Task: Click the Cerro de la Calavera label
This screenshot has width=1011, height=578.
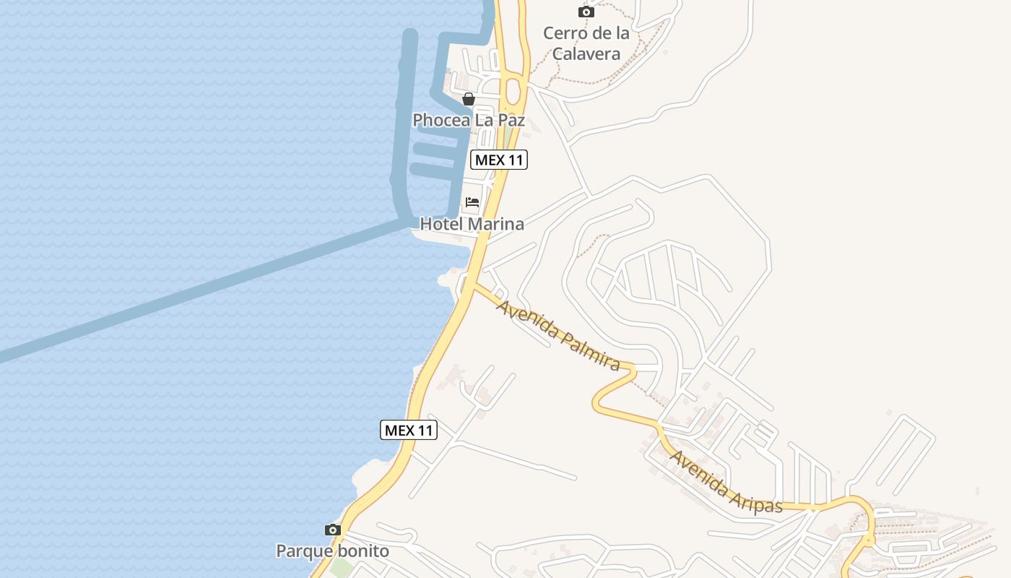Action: click(x=586, y=43)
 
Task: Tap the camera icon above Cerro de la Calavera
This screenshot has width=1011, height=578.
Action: click(x=586, y=12)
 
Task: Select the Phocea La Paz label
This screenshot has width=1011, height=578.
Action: click(x=469, y=120)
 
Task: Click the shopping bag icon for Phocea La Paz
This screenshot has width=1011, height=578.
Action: click(x=469, y=99)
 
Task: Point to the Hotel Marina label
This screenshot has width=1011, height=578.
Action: click(x=472, y=224)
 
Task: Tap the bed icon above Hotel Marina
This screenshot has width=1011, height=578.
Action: click(x=472, y=202)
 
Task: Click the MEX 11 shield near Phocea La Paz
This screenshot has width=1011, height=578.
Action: click(x=499, y=160)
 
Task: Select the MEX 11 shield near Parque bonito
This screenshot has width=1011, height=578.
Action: click(x=409, y=430)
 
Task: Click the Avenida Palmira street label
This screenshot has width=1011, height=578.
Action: click(x=558, y=335)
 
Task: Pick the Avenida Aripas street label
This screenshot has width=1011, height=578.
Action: click(x=726, y=483)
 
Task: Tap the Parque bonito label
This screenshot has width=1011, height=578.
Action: click(x=332, y=551)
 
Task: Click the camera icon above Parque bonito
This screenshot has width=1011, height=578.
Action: click(x=332, y=530)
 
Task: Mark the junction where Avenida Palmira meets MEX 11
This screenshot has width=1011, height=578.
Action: click(x=473, y=286)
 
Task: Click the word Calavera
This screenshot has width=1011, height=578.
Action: click(x=586, y=53)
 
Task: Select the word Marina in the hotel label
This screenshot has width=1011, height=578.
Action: click(x=495, y=224)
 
